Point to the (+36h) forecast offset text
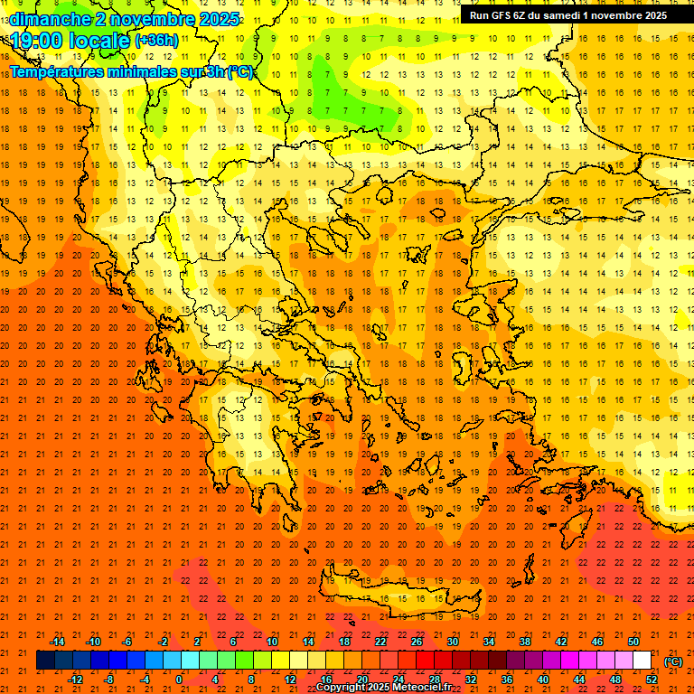point(156,42)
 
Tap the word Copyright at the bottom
point(342,688)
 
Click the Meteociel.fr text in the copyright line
point(422,688)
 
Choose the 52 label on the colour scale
point(652,679)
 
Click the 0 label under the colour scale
point(179,679)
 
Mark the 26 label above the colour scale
point(417,642)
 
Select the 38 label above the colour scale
point(524,642)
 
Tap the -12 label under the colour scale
point(75,679)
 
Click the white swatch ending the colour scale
point(642,660)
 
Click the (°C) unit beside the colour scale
point(673,661)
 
